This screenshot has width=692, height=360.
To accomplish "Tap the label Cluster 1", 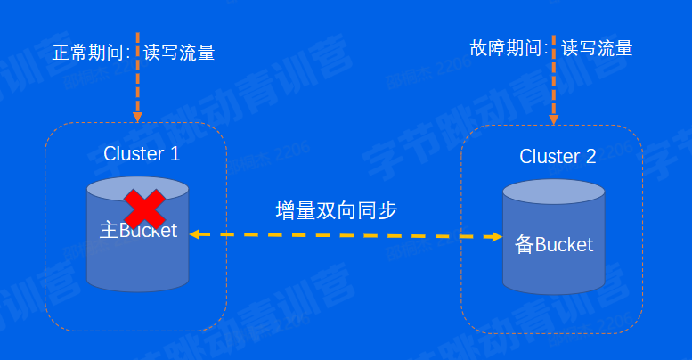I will [x=142, y=153].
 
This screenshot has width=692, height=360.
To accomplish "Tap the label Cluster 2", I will [x=558, y=157].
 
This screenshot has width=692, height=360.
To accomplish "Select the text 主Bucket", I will [x=138, y=231].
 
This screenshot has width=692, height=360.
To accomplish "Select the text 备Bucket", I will [x=554, y=244].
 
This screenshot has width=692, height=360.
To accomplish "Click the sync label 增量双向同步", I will [x=336, y=211].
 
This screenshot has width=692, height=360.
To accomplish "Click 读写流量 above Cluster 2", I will [x=597, y=47].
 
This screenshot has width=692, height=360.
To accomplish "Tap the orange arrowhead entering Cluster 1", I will [x=137, y=115].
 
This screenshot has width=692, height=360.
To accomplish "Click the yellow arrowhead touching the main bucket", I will [x=194, y=235].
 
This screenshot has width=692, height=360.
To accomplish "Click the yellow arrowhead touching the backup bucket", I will [x=496, y=237].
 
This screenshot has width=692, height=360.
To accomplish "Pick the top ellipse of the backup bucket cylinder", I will [x=554, y=193].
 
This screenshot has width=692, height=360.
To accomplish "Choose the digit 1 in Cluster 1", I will [x=175, y=153].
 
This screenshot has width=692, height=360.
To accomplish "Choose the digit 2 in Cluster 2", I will [x=590, y=157].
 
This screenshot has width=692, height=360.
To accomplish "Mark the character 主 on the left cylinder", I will [x=109, y=231].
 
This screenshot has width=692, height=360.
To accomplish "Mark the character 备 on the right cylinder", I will [x=525, y=244].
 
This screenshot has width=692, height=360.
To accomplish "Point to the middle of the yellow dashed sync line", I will [x=345, y=236].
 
